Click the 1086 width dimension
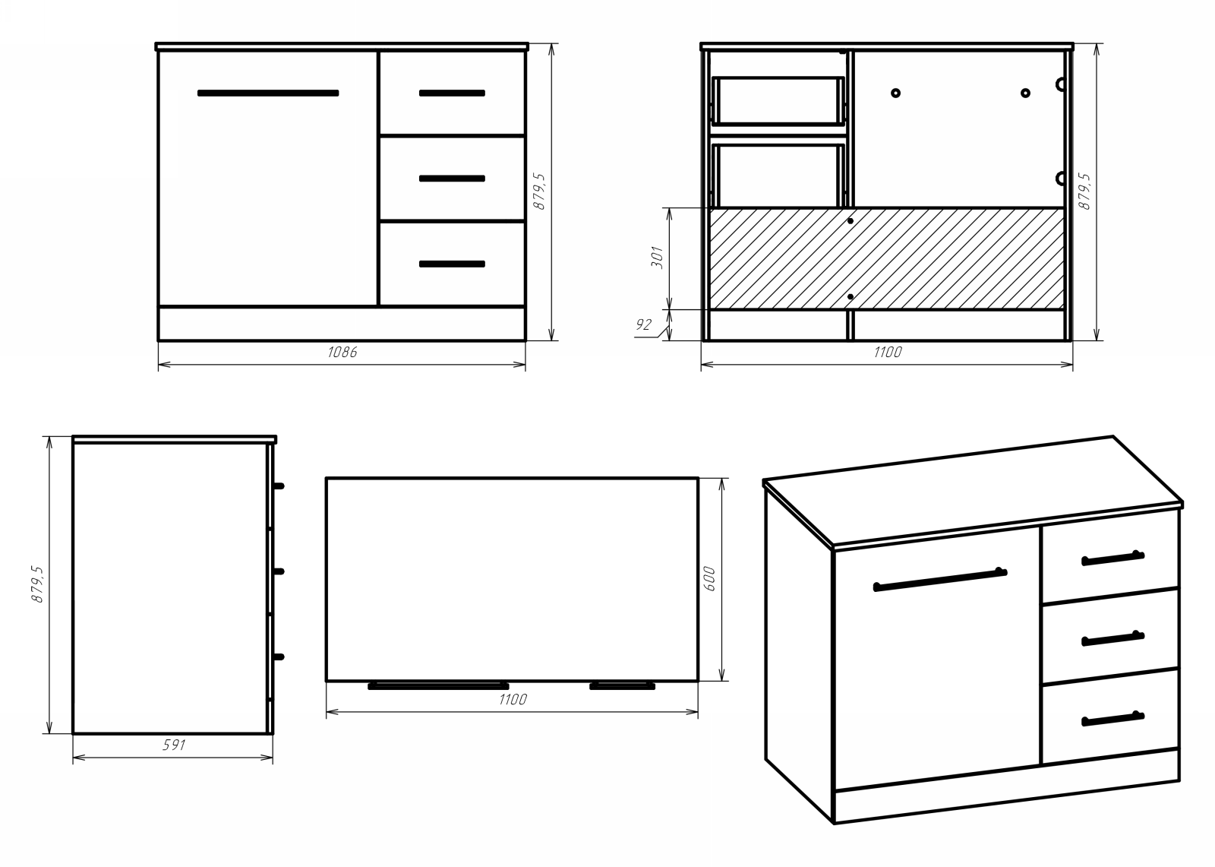click(342, 353)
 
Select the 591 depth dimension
click(174, 745)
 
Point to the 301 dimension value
click(658, 258)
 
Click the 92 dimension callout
click(643, 325)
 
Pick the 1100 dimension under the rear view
click(887, 353)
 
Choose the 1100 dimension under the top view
click(513, 700)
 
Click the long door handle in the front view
click(268, 93)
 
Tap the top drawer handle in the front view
click(452, 93)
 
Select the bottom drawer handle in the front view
click(452, 264)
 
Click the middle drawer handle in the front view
click(452, 179)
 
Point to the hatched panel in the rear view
click(886, 258)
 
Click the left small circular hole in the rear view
click(896, 93)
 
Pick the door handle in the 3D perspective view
click(939, 579)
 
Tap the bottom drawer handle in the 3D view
click(1112, 719)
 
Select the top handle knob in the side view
click(279, 486)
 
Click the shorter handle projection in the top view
click(622, 686)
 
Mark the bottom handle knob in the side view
click(279, 657)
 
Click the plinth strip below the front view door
click(342, 323)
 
